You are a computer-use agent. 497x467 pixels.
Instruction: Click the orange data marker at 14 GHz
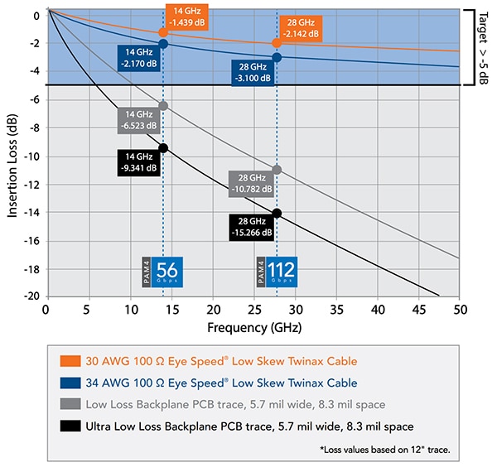163,31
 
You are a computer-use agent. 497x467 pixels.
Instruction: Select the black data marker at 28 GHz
277,213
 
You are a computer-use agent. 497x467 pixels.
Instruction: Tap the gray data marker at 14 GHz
163,105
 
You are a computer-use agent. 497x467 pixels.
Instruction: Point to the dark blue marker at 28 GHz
277,57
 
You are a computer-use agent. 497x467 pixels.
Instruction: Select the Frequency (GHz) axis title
252,327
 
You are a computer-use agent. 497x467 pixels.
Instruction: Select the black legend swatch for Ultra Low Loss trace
72,426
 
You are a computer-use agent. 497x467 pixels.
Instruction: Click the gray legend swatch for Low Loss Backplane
72,404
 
